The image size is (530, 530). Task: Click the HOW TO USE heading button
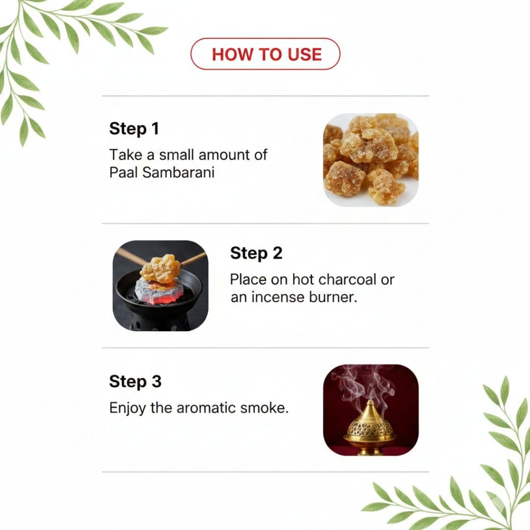click(x=265, y=54)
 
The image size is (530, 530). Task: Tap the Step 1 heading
click(x=134, y=129)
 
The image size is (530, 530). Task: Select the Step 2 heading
click(x=256, y=253)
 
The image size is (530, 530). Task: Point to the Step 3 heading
click(x=135, y=382)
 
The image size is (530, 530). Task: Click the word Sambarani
click(x=179, y=172)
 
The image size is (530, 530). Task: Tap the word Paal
click(x=124, y=172)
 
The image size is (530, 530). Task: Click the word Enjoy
click(x=128, y=408)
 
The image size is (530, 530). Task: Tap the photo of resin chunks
click(x=371, y=160)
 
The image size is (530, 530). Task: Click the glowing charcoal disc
click(x=159, y=290)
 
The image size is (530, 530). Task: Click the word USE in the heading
click(x=305, y=54)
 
